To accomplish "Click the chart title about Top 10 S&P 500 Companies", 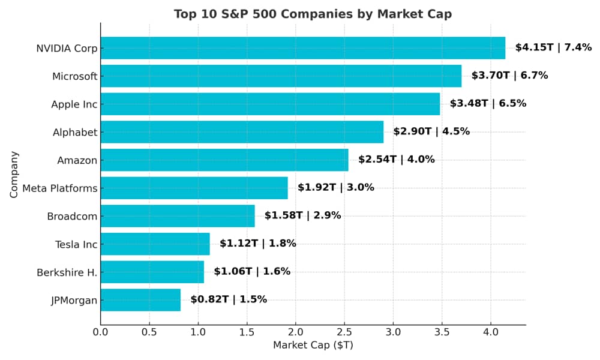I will [x=313, y=14].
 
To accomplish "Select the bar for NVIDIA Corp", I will [x=302, y=48].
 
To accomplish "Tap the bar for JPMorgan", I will [x=140, y=300].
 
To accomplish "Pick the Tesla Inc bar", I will [x=155, y=244].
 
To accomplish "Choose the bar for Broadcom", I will [x=178, y=216].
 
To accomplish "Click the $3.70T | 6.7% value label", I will [x=509, y=76].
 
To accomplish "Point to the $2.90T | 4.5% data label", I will [x=431, y=131].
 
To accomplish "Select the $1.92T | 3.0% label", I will [x=335, y=188].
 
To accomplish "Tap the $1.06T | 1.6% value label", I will [x=252, y=272].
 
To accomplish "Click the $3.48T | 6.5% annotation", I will [x=488, y=104].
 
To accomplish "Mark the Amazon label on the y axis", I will [x=77, y=161].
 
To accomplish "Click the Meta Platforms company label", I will [x=59, y=189].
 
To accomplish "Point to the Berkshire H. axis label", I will [x=67, y=273].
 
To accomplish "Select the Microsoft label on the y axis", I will [x=74, y=77].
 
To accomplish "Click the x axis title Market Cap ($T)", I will [x=313, y=346].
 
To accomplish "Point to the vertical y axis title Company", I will [x=14, y=174].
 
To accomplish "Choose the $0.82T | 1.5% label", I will [x=229, y=299].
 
